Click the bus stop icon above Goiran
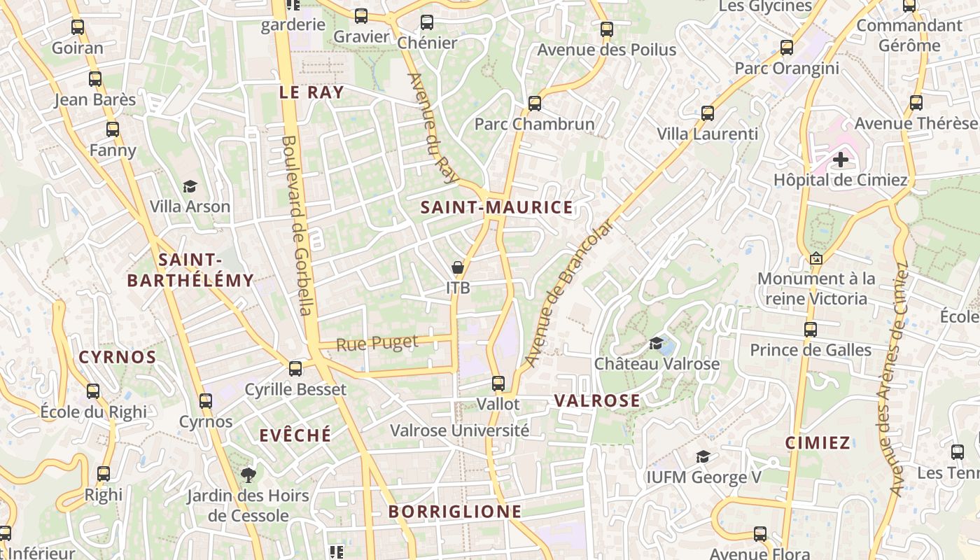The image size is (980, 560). (x=78, y=27)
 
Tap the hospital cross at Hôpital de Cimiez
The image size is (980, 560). (x=840, y=160)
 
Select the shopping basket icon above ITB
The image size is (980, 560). (x=458, y=267)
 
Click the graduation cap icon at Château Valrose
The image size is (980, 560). (x=656, y=343)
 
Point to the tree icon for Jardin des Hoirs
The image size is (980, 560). (x=248, y=475)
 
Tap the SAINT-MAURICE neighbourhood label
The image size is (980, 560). (x=496, y=207)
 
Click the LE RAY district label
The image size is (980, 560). (x=311, y=92)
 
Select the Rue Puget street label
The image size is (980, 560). (x=377, y=344)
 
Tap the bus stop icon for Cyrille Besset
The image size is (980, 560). (x=295, y=368)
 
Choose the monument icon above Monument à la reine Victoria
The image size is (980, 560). (x=815, y=258)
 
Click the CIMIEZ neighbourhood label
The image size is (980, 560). (x=818, y=442)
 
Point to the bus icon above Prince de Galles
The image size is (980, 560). (x=811, y=329)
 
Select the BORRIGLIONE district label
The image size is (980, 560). (x=455, y=512)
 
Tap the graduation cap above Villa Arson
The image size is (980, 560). (x=190, y=186)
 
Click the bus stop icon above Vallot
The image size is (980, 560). (x=498, y=383)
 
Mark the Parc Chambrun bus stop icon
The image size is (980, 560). (x=535, y=104)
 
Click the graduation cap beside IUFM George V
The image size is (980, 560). (x=703, y=457)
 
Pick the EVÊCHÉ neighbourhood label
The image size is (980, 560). (x=295, y=435)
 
